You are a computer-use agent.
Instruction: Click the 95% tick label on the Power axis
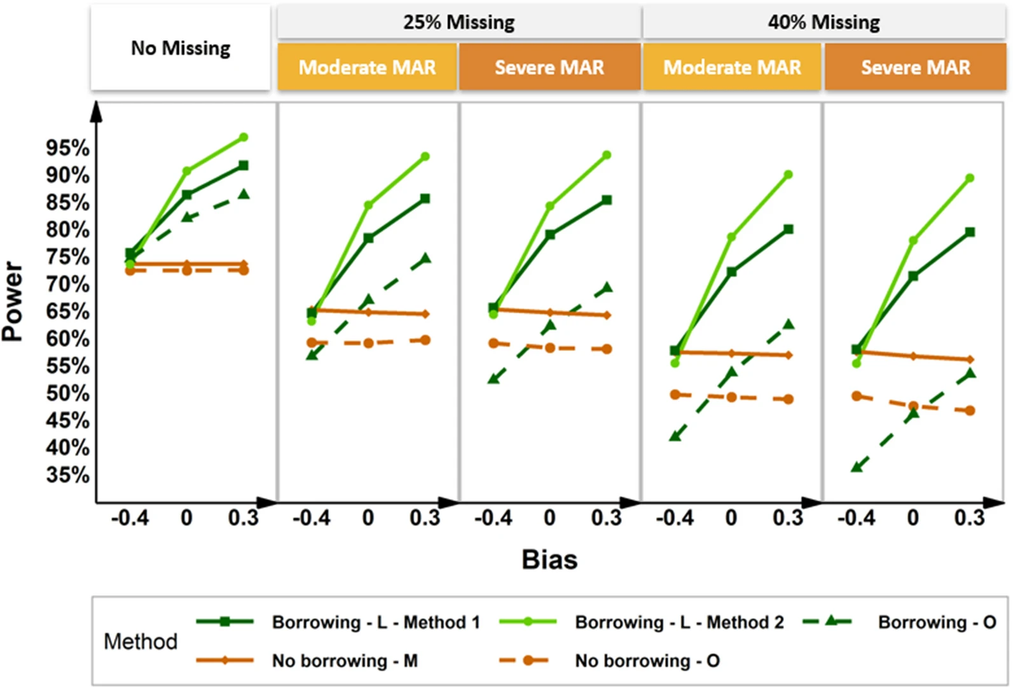coord(67,148)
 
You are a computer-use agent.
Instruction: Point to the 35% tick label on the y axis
coord(67,475)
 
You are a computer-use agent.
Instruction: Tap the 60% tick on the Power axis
coord(67,339)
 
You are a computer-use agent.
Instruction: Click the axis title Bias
coord(549,560)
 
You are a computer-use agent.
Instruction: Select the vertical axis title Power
coord(13,301)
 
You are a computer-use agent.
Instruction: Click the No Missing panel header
coord(181,48)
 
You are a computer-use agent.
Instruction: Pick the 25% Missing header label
coord(458,22)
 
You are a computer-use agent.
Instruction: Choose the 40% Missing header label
coord(824,22)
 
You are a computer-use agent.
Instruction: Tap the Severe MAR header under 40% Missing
coord(916,67)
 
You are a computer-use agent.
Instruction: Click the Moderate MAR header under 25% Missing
coord(368,67)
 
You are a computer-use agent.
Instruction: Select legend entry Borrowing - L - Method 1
coord(376,622)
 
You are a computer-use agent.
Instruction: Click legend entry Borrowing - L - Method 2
coord(679,622)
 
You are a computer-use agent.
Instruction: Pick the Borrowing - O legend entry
coord(937,622)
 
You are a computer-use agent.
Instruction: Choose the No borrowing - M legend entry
coord(345,661)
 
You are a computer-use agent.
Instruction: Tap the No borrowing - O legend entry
coord(647,661)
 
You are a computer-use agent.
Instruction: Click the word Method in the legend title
coord(141,642)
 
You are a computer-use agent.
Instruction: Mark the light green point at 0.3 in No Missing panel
coord(244,137)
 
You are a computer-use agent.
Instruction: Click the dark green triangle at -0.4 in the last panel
coord(857,467)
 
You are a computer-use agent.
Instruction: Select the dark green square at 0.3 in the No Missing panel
coord(244,165)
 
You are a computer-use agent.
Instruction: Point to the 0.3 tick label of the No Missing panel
coord(244,518)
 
